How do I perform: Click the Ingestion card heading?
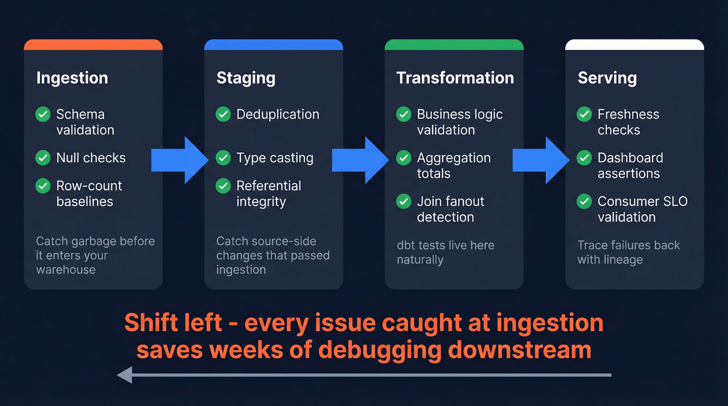[72, 78]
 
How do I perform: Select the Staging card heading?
[245, 78]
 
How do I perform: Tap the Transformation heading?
[455, 78]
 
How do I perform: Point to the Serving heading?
[607, 78]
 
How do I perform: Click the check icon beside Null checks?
[43, 158]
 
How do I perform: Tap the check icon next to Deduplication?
[223, 114]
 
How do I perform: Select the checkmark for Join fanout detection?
[404, 201]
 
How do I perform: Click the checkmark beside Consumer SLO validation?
[584, 201]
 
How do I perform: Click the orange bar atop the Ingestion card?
[93, 45]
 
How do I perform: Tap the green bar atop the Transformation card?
[454, 45]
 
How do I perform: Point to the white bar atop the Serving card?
[634, 45]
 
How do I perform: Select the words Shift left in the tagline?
[173, 323]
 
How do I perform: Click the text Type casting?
[275, 158]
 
